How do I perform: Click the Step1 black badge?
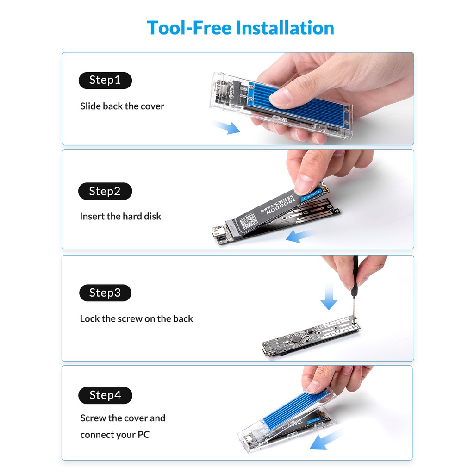pyautogui.click(x=105, y=81)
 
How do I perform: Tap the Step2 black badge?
pyautogui.click(x=105, y=191)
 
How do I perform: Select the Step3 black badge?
pyautogui.click(x=105, y=293)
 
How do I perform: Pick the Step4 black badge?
pyautogui.click(x=105, y=395)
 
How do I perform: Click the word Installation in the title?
pyautogui.click(x=285, y=28)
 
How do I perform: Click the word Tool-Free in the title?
pyautogui.click(x=189, y=28)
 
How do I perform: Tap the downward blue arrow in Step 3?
pyautogui.click(x=329, y=296)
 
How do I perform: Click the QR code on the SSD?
pyautogui.click(x=249, y=222)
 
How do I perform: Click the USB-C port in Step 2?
pyautogui.click(x=217, y=233)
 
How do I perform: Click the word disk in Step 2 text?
pyautogui.click(x=153, y=217)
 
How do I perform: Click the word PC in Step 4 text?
pyautogui.click(x=143, y=435)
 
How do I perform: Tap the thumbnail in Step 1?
pyautogui.click(x=280, y=97)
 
